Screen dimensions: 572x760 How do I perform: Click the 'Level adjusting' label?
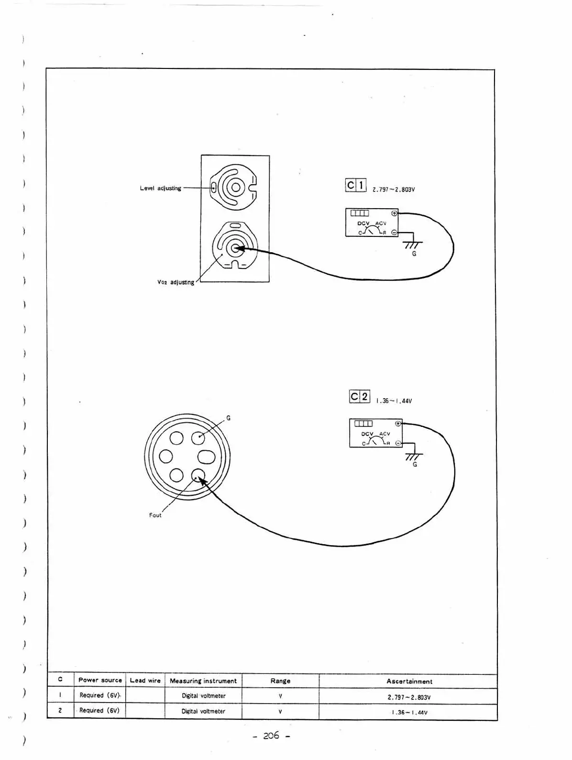tap(160, 188)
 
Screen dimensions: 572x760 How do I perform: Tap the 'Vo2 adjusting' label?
tap(176, 282)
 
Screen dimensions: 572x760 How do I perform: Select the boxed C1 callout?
tap(355, 185)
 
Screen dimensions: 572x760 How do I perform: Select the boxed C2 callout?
tap(360, 397)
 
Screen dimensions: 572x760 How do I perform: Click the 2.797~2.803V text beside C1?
tap(394, 190)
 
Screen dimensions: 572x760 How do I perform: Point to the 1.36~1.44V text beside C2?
tap(394, 401)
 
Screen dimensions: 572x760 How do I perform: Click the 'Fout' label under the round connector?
tap(155, 515)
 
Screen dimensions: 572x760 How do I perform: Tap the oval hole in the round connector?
tap(207, 457)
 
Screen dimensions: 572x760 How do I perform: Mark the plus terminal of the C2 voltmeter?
tap(397, 424)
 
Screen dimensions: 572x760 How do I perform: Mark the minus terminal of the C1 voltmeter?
tap(394, 233)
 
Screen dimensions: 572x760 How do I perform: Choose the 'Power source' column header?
tap(100, 680)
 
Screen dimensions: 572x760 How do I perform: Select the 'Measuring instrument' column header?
tap(203, 681)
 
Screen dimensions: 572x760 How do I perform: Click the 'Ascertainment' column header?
tap(409, 681)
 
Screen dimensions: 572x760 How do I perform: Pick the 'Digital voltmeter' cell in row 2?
tap(203, 711)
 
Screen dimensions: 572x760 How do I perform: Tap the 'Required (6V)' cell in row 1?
tap(99, 695)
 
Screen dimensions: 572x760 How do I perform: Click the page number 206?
tap(271, 736)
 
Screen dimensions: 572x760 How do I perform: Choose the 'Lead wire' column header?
tap(145, 680)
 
